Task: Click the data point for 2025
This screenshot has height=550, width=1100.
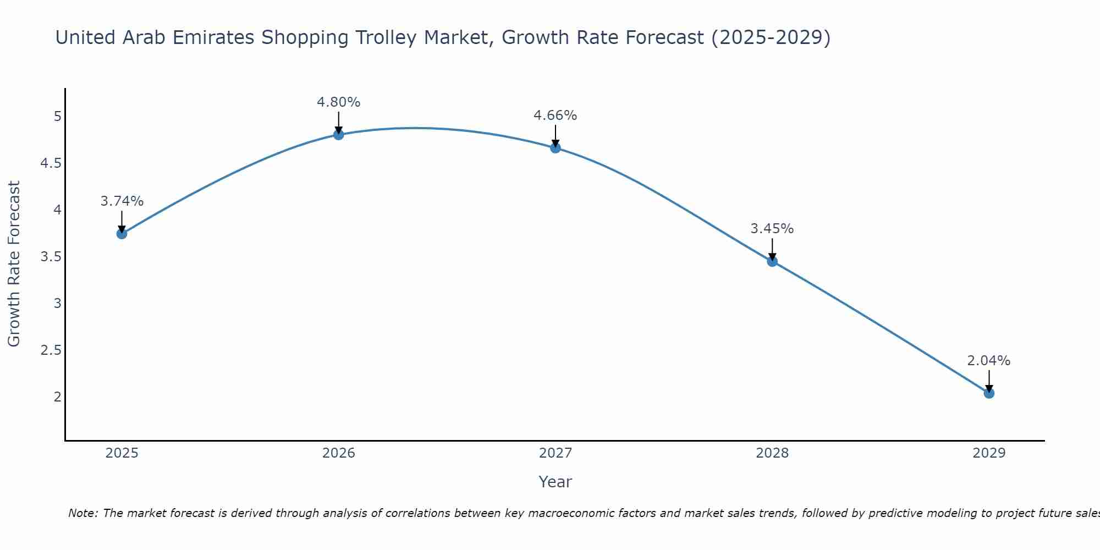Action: click(x=122, y=234)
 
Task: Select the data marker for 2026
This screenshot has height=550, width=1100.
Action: click(x=338, y=134)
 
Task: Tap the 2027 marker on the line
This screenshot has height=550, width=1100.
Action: click(x=555, y=147)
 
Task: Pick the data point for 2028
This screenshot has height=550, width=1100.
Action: click(x=772, y=261)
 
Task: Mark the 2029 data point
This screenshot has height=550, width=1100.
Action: click(x=989, y=393)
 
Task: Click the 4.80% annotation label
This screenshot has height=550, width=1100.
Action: click(x=338, y=102)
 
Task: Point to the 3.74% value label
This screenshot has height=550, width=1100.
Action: click(x=122, y=201)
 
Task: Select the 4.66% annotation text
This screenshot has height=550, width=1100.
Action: click(x=555, y=116)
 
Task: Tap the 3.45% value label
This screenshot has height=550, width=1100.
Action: click(x=772, y=229)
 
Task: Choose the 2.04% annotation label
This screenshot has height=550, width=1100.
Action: click(x=989, y=361)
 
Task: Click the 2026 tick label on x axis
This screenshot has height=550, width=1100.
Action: click(x=338, y=453)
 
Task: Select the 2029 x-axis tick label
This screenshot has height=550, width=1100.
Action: click(x=989, y=453)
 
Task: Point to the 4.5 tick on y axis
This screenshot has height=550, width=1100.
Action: click(x=51, y=163)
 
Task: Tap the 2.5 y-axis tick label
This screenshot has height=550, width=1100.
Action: click(x=51, y=350)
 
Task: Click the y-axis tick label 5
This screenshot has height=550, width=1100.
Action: click(x=57, y=117)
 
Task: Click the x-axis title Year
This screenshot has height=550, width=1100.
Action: click(x=555, y=482)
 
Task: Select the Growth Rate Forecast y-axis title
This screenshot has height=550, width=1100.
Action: click(x=14, y=264)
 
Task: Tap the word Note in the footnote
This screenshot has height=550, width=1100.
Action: click(x=82, y=513)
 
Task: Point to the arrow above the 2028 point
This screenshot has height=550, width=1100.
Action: click(x=772, y=249)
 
